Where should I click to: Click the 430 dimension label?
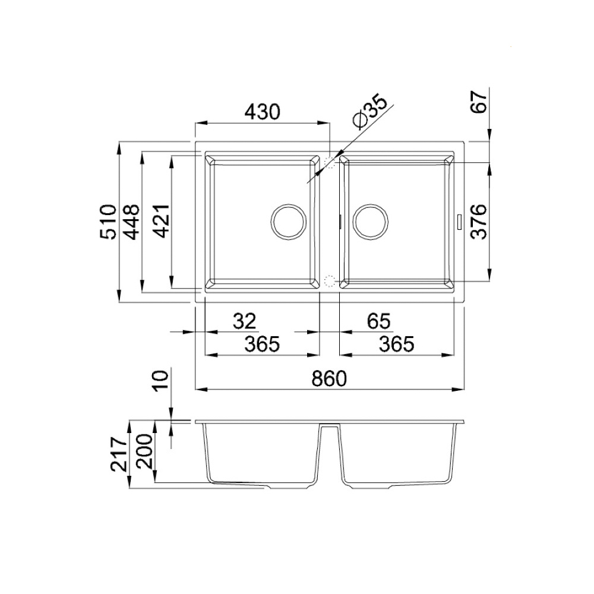point(262,112)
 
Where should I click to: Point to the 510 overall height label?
point(108,222)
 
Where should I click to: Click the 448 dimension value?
point(132,222)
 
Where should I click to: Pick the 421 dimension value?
point(162,221)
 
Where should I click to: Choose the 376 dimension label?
point(478,222)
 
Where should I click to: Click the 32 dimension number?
point(244,321)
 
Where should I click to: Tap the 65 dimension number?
point(378,321)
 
